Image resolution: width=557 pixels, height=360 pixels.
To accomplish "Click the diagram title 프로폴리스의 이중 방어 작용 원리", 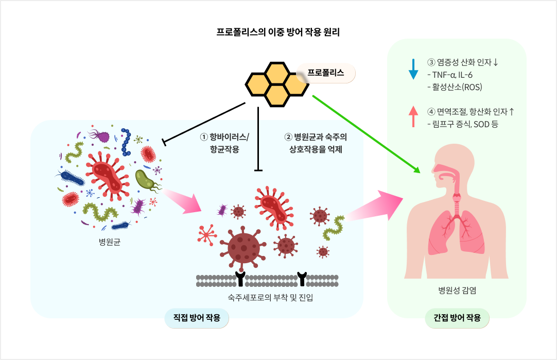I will tap(278, 31).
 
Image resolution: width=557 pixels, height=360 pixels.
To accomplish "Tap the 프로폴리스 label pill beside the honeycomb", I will tap(325, 73).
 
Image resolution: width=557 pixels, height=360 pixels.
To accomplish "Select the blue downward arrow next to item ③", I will tap(413, 68).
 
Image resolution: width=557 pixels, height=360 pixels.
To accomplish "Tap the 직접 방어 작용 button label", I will tap(197, 318).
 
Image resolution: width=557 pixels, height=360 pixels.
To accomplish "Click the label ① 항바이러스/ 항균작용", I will tap(224, 143).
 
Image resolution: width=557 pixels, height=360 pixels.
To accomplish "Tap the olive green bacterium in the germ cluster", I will tap(146, 179).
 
